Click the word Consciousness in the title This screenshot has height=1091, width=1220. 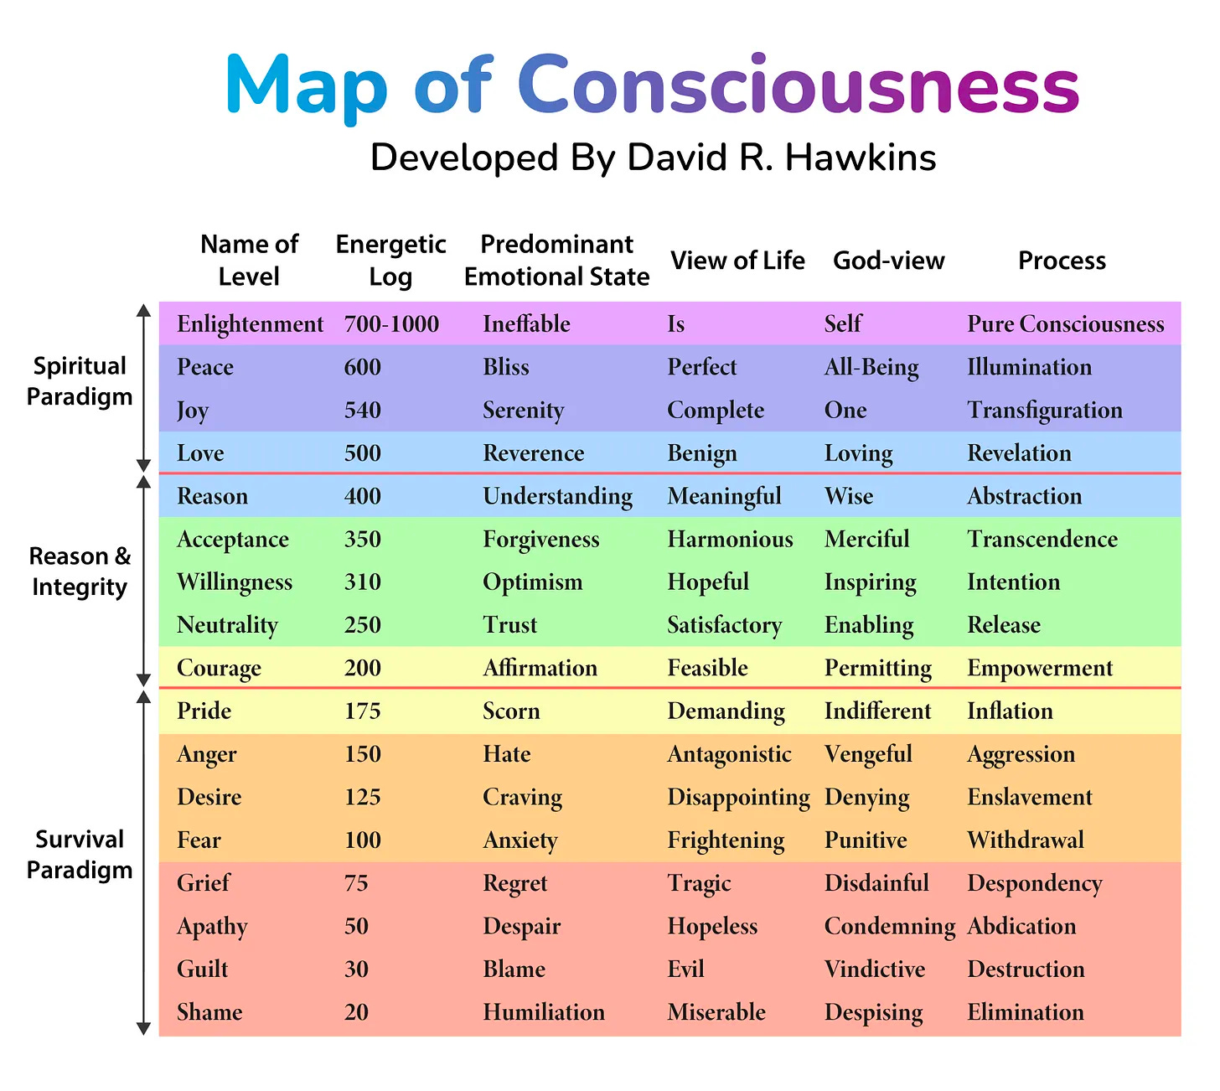(x=798, y=85)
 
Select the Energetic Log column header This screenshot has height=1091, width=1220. (x=390, y=261)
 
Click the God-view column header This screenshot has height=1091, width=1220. (x=888, y=261)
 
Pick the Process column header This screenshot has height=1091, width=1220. (x=1062, y=261)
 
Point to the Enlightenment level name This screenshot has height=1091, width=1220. (x=250, y=324)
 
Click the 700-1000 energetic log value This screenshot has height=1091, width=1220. (x=391, y=324)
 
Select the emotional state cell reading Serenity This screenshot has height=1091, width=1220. (x=523, y=411)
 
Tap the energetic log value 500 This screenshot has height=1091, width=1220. (x=362, y=453)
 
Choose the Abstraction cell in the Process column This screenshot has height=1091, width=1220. (x=1024, y=496)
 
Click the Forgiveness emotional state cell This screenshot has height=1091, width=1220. (x=540, y=540)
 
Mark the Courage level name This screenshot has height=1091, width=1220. (x=219, y=669)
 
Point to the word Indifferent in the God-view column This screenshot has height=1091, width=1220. (x=877, y=711)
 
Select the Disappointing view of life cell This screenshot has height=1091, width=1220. (x=738, y=798)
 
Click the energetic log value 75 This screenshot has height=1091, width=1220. (x=356, y=883)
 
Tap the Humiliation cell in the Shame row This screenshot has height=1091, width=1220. (x=543, y=1012)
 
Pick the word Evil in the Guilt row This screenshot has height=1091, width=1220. (x=685, y=969)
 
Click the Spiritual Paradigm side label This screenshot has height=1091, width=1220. (x=80, y=381)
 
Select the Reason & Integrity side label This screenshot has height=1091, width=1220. (x=80, y=571)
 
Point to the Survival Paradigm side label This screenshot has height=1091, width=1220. (x=80, y=855)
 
